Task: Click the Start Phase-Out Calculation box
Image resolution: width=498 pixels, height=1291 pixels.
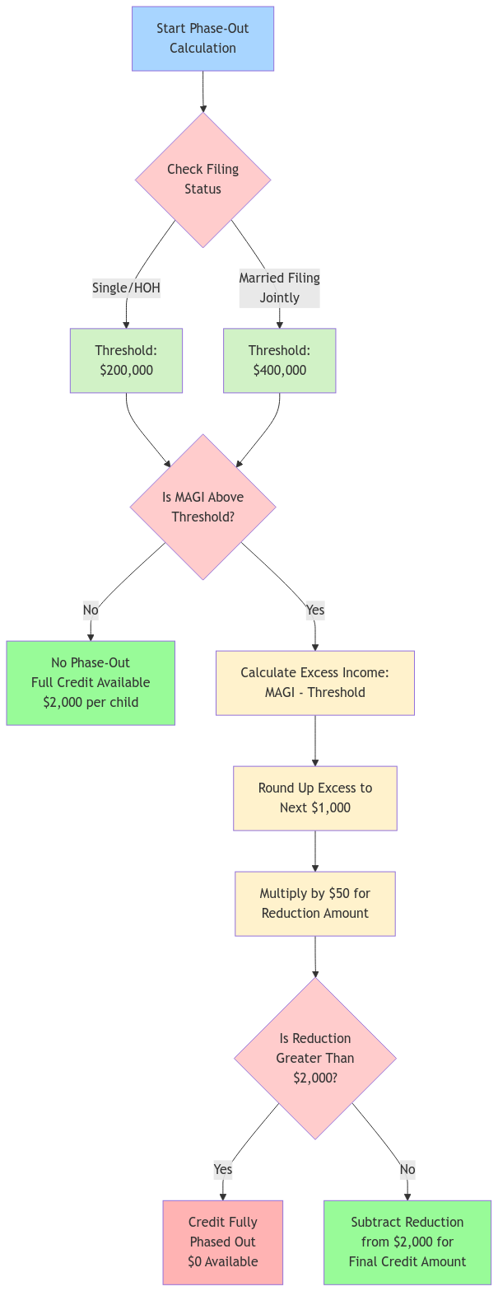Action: [x=202, y=39]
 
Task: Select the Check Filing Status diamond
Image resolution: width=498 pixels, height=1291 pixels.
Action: [x=202, y=180]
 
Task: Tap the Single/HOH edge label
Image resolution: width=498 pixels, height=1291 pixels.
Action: [x=126, y=288]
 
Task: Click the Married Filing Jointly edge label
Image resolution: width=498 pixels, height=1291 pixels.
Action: [x=279, y=288]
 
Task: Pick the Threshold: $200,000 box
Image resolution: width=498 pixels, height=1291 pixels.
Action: [x=126, y=361]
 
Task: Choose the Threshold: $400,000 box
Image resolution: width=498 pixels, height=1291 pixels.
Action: [x=279, y=361]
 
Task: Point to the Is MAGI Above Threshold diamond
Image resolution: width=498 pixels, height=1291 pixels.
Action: [x=202, y=507]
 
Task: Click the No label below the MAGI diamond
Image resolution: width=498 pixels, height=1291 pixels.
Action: [x=91, y=610]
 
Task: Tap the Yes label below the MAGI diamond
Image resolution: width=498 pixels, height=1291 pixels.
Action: [x=314, y=610]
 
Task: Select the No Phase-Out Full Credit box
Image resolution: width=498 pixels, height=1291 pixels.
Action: [x=91, y=683]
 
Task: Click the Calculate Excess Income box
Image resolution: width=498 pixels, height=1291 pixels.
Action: [x=314, y=683]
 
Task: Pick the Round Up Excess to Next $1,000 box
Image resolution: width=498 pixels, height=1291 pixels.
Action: [x=314, y=798]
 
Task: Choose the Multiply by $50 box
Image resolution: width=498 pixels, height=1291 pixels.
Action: [x=314, y=904]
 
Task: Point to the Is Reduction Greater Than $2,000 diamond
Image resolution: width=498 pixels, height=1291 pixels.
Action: [x=314, y=1059]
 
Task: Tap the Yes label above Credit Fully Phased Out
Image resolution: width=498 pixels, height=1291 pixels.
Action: [x=222, y=1169]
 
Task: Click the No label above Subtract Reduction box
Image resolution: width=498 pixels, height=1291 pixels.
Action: [x=407, y=1169]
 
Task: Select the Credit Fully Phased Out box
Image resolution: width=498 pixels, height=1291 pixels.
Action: [x=222, y=1242]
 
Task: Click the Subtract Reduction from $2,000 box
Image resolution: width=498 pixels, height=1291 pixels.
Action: [x=407, y=1242]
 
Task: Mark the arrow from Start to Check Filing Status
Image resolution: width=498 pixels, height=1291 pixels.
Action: [x=202, y=91]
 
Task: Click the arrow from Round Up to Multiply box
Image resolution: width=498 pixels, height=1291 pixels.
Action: [x=314, y=851]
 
